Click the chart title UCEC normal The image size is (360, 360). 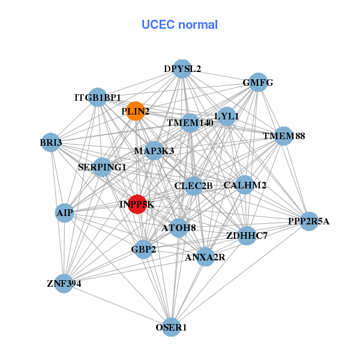point(179,25)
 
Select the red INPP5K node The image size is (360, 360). point(137,204)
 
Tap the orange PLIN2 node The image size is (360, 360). point(136,111)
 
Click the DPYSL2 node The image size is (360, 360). point(182,68)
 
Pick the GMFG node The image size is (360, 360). point(258,83)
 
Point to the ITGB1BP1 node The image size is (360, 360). point(98,97)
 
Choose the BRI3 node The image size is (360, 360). point(51,142)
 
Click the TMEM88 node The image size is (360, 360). point(284,136)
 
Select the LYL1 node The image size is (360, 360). point(227,116)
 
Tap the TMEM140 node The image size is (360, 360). point(190,123)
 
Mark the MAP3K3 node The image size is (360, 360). point(154,151)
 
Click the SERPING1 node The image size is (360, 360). point(102,167)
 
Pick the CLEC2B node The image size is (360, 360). point(193,185)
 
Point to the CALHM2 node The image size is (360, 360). point(245,185)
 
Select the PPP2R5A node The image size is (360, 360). point(308,221)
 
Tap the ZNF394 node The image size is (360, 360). point(64,283)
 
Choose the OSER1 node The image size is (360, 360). point(172,327)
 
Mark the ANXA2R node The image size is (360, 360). point(205,257)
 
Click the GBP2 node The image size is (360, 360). point(143,248)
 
